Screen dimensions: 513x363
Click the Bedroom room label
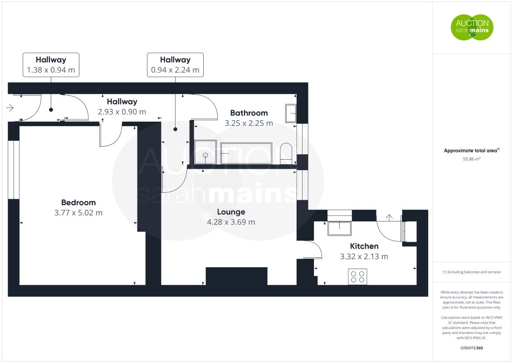(x=78, y=203)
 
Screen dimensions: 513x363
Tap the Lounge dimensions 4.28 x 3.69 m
(x=231, y=222)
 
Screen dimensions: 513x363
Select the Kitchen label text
(x=364, y=246)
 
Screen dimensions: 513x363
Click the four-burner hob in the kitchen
(x=357, y=277)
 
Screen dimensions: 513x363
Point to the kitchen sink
(x=340, y=228)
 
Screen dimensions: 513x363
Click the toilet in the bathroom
(x=286, y=153)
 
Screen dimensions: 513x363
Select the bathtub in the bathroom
(x=246, y=153)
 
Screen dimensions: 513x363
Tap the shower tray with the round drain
(x=205, y=152)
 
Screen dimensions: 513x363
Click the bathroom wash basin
(x=291, y=113)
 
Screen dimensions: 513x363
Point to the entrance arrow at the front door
(x=10, y=108)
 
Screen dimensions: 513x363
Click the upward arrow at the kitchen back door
(x=389, y=217)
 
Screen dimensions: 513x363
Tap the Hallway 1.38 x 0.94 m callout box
(x=51, y=65)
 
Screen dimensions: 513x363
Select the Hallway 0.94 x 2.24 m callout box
(x=176, y=65)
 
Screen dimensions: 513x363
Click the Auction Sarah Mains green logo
(x=472, y=27)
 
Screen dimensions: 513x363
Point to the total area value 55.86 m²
(x=471, y=159)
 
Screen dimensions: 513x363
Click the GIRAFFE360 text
(x=471, y=348)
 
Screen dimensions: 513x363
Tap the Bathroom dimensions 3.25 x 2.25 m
(x=249, y=123)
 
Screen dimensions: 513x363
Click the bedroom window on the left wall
(x=14, y=170)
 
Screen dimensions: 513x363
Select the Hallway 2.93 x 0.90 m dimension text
(x=122, y=112)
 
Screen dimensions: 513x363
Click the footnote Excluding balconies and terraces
(x=471, y=272)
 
